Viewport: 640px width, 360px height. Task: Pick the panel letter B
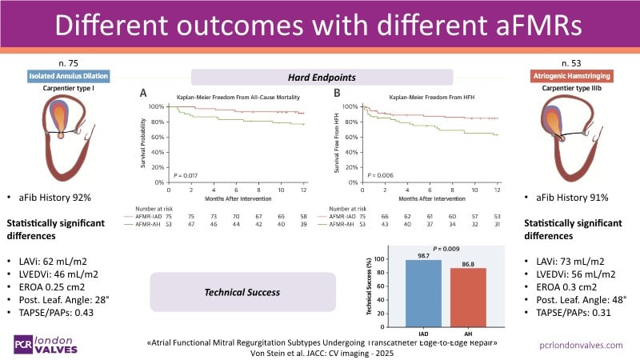[x=337, y=92]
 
